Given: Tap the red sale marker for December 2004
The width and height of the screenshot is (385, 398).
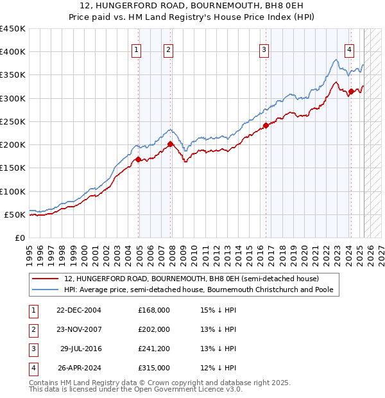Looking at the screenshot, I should (x=138, y=159).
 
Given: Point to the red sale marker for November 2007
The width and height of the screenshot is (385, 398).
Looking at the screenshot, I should (x=170, y=144).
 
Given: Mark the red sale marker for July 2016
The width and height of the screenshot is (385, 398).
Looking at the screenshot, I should (x=266, y=125).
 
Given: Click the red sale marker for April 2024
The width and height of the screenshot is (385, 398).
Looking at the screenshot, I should (x=351, y=91).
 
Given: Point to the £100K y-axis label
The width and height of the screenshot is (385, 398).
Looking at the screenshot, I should (x=13, y=191).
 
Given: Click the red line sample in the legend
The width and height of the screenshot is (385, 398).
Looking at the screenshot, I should (x=45, y=279).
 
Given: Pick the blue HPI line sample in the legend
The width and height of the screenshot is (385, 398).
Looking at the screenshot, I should (x=45, y=290).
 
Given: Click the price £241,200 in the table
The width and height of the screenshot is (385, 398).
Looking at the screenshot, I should (x=154, y=349).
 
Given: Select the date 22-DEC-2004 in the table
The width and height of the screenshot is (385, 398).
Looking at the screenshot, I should (x=78, y=310).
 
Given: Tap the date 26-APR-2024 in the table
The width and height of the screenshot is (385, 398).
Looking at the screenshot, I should (x=78, y=368).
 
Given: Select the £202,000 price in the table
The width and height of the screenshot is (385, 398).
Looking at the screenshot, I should (x=154, y=329).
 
